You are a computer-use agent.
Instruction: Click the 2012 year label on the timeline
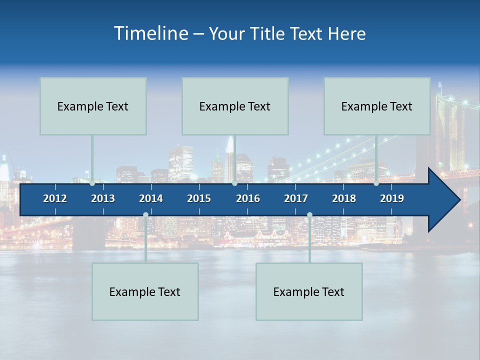point(55,198)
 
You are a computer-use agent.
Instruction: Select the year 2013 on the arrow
point(103,198)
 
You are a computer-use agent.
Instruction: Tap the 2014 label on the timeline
point(151,198)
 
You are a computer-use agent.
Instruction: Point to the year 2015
point(199,198)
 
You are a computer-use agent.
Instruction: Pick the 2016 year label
point(248,198)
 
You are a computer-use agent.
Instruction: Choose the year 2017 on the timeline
point(296,198)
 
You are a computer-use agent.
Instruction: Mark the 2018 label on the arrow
point(344,198)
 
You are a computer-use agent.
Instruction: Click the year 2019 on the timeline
point(392,198)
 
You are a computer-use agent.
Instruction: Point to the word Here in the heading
point(347,34)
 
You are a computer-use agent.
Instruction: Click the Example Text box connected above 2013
point(93,106)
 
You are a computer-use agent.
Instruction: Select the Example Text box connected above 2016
point(235,106)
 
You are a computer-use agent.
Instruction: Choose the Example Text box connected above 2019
point(377,106)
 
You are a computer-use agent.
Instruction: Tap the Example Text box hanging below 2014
point(145,291)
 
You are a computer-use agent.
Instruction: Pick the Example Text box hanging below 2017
point(309,291)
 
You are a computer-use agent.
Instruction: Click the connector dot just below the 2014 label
point(145,215)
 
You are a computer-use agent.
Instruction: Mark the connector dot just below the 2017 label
point(309,215)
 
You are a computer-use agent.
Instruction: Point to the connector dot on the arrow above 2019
point(376,183)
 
